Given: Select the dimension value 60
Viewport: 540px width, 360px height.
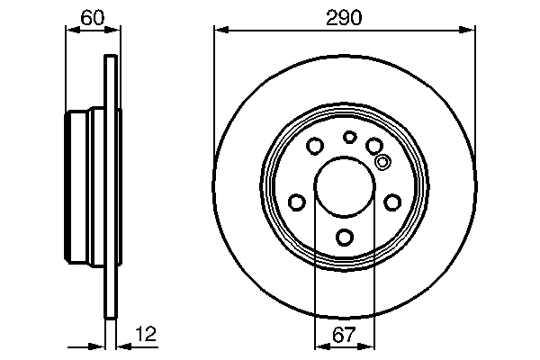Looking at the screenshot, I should (x=91, y=15).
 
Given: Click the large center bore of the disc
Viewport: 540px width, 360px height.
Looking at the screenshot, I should (x=345, y=186).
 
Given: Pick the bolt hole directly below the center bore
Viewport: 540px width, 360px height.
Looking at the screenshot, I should (x=345, y=238).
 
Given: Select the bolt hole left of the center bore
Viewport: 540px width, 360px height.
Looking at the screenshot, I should (x=296, y=202).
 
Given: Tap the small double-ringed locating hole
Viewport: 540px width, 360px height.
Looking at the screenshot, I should (x=382, y=163).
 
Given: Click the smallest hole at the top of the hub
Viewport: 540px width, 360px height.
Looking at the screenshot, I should (x=350, y=137).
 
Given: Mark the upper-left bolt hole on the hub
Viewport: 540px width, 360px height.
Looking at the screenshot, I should (x=315, y=146).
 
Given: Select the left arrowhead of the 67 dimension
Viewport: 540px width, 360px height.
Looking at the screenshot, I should (x=319, y=346).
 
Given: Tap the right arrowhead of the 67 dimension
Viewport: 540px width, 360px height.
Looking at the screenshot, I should (x=371, y=346).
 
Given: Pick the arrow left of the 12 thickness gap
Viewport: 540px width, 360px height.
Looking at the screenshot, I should (x=99, y=346).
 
